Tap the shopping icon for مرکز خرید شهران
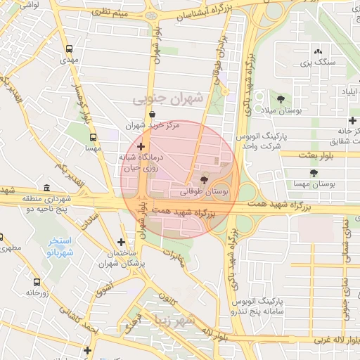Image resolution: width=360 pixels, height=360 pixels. (152, 115)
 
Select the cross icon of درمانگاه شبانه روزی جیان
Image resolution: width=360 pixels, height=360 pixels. (141, 146)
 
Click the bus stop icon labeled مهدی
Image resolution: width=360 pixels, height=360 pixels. (69, 50)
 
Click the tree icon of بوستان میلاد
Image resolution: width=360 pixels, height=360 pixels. (281, 99)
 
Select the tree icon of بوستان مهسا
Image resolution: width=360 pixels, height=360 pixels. (313, 173)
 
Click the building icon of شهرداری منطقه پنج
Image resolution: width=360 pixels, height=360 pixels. (46, 188)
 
